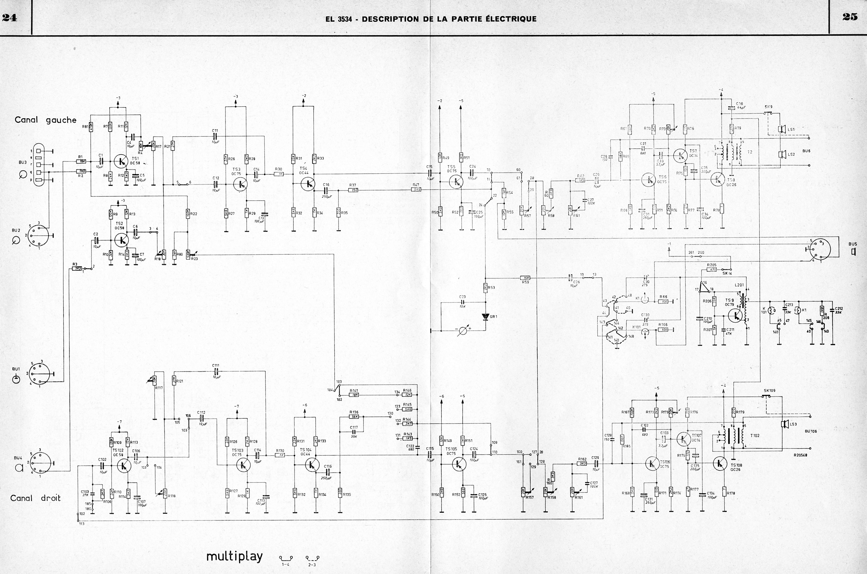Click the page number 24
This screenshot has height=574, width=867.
[x=9, y=18]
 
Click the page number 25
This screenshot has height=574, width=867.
[x=849, y=17]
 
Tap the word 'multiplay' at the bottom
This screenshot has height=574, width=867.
[x=234, y=556]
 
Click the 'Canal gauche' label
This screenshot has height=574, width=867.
[x=45, y=120]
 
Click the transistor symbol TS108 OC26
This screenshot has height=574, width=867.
[x=720, y=463]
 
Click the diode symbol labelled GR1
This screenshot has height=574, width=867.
[x=486, y=317]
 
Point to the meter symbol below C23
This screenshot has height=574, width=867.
[x=463, y=331]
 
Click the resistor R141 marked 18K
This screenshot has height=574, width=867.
[x=354, y=395]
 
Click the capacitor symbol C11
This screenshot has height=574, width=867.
[x=215, y=136]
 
